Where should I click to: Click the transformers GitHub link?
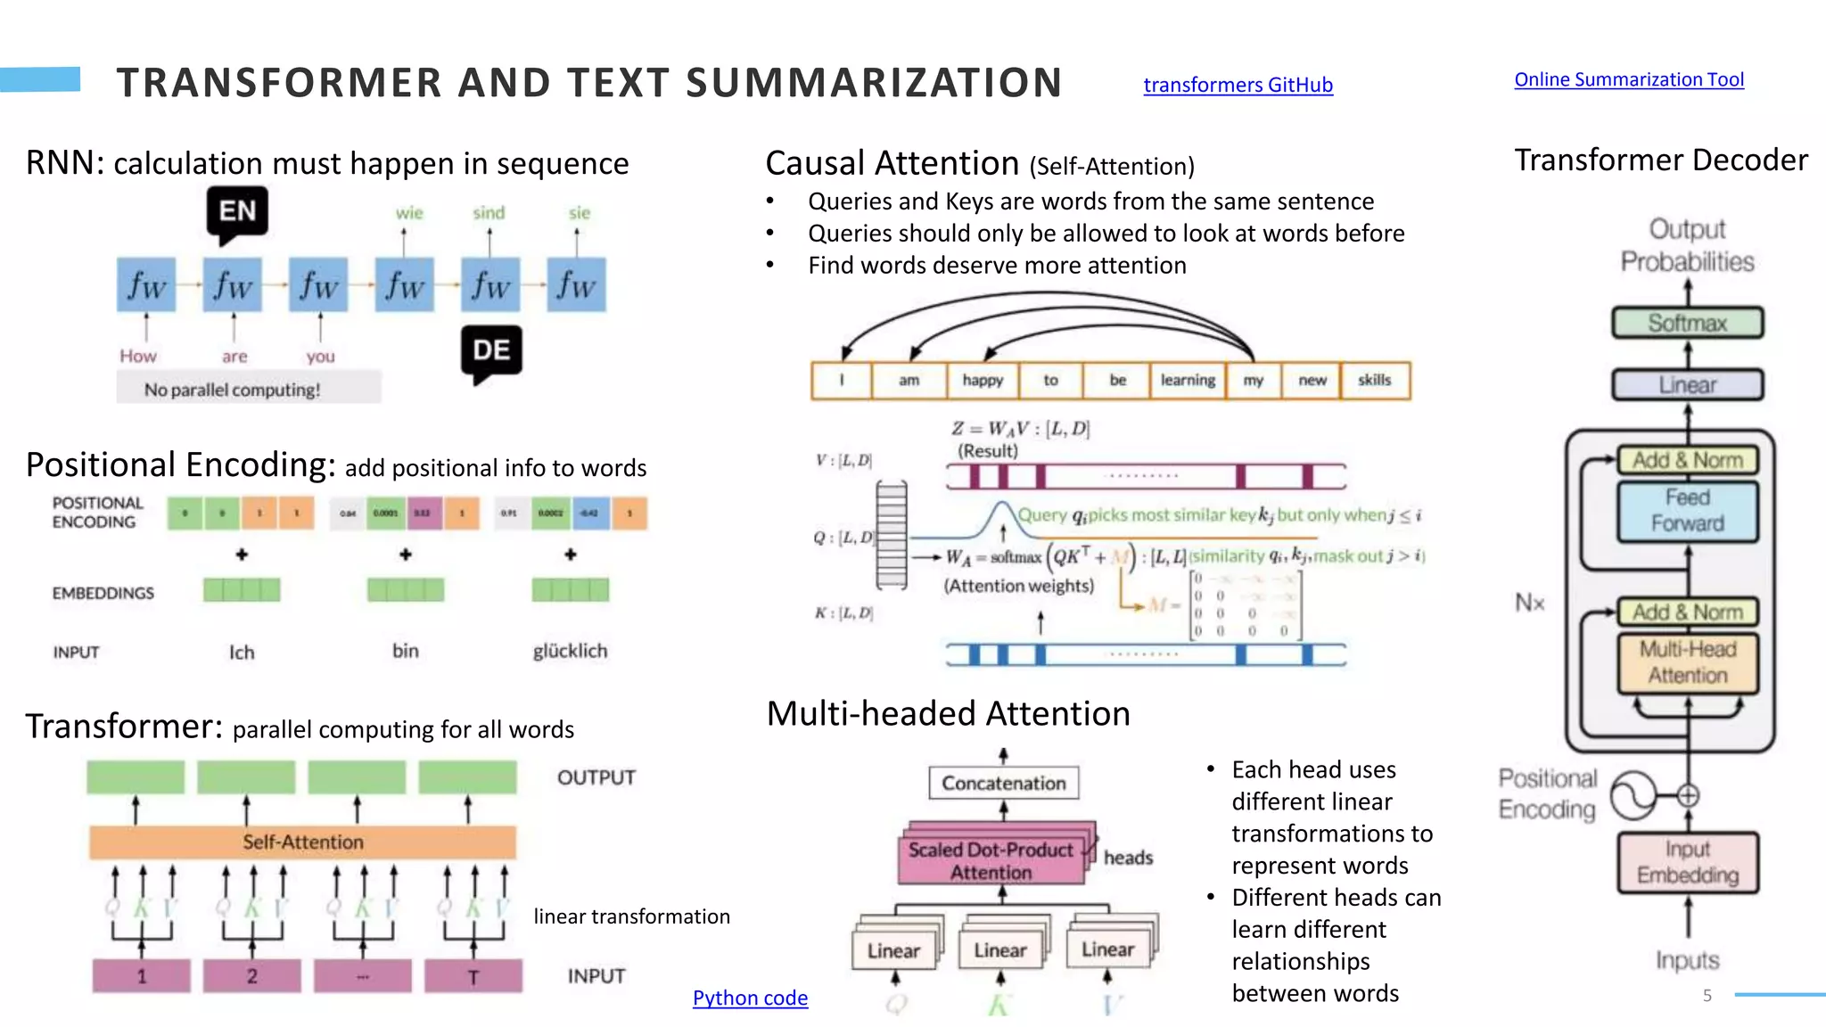pos(1238,85)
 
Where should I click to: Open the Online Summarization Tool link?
pos(1628,79)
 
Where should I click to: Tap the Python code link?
pos(750,998)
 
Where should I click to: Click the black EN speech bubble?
pos(237,212)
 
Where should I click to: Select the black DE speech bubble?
pos(491,350)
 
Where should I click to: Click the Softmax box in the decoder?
pos(1687,323)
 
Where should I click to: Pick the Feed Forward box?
pos(1687,510)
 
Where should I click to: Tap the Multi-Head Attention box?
pos(1687,662)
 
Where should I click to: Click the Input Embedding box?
pos(1687,862)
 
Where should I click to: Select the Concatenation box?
pos(1003,783)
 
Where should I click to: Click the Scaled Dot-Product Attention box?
pos(991,861)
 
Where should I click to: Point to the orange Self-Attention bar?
pos(303,842)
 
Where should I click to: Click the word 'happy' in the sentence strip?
pos(983,381)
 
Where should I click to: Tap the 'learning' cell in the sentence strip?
pos(1188,381)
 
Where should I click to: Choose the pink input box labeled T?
pos(473,976)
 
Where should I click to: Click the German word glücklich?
pos(570,651)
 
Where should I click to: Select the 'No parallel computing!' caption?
pos(233,390)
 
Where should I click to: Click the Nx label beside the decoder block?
pos(1529,604)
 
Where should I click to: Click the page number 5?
pos(1707,996)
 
